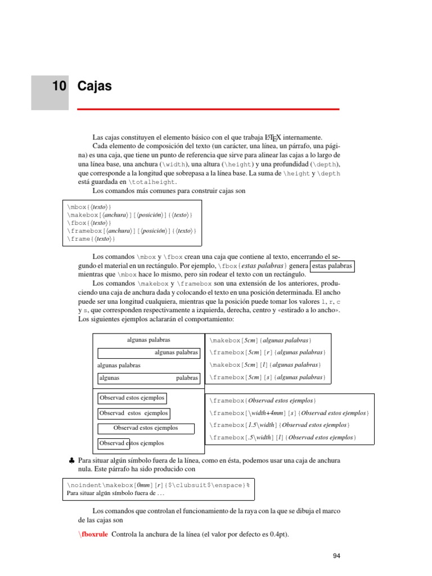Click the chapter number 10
coord(58,86)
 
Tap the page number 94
coord(337,556)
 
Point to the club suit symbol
coord(71,461)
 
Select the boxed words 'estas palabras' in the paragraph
coord(332,265)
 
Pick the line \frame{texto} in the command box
coord(91,239)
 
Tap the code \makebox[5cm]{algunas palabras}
coord(260,340)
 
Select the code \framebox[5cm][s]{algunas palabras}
coord(267,377)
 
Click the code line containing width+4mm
coord(289,413)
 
